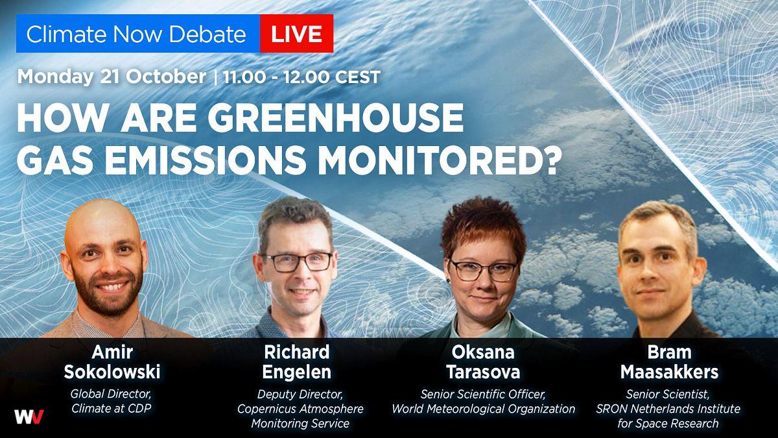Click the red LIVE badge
297,33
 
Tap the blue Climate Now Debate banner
138,33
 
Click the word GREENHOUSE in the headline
336,117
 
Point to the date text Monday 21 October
112,77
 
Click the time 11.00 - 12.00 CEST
301,77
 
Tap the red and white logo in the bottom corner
29,417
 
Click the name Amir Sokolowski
112,362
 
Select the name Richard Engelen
297,362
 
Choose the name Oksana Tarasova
483,362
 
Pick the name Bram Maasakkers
669,362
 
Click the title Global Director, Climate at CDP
111,401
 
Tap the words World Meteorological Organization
484,409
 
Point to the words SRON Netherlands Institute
668,409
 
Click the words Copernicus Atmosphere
300,409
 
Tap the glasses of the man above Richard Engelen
298,262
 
